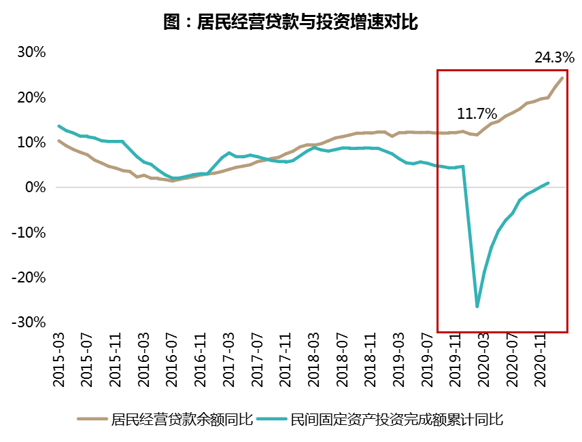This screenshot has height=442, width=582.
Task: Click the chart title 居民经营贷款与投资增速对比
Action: click(x=290, y=22)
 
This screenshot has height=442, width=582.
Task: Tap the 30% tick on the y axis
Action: click(x=31, y=52)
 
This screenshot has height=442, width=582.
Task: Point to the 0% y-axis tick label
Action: click(x=35, y=187)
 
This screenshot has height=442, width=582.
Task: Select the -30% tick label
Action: click(x=29, y=322)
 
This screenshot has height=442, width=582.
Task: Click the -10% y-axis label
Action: click(x=29, y=232)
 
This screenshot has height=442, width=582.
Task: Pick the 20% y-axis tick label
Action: click(x=31, y=98)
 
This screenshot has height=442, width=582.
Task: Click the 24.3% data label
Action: click(x=554, y=58)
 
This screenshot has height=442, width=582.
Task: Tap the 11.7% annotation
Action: click(x=477, y=113)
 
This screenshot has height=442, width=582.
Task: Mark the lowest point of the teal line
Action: click(x=477, y=307)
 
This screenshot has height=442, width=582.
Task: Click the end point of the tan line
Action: click(x=562, y=77)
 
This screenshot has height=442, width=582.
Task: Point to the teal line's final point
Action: click(x=548, y=183)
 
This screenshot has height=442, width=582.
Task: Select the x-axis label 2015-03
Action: click(x=60, y=360)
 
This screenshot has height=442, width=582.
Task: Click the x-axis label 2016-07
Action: click(x=173, y=360)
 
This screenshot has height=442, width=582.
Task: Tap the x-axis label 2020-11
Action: click(x=541, y=360)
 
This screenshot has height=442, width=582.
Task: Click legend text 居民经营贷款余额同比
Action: click(x=182, y=420)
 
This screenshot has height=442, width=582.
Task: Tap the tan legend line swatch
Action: click(x=92, y=420)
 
